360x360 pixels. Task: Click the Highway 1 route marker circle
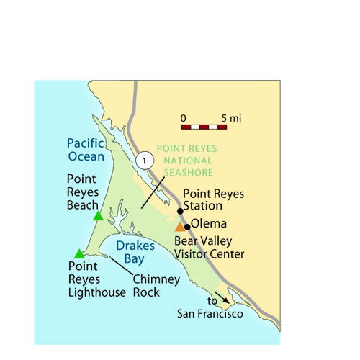(x=145, y=161)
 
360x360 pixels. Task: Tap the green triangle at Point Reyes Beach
(x=98, y=216)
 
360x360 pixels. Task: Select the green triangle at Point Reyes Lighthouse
(x=79, y=253)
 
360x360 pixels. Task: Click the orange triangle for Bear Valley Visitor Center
(x=179, y=227)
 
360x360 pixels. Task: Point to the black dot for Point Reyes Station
(x=180, y=211)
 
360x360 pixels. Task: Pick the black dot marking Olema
(x=187, y=227)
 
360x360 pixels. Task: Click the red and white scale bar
(x=204, y=127)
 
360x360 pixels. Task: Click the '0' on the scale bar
(x=184, y=117)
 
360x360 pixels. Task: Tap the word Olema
(x=209, y=224)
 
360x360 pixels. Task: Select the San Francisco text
(x=210, y=314)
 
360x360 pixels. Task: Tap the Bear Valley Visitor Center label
(x=209, y=247)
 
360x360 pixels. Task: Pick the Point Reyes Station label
(x=213, y=199)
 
